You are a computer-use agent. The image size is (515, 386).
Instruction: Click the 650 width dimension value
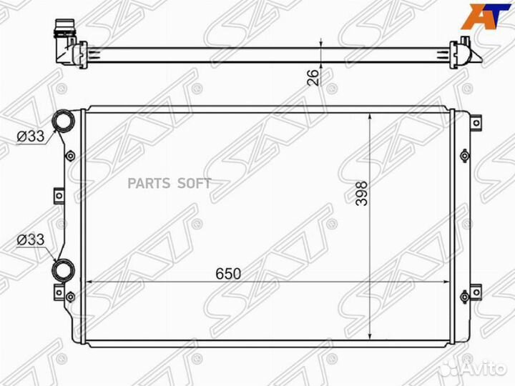click(228, 273)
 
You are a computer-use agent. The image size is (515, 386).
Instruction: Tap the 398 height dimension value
click(362, 193)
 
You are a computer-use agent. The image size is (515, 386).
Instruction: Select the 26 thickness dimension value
click(313, 77)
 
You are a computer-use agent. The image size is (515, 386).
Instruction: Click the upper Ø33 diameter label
click(31, 137)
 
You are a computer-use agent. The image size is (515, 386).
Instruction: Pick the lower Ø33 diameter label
click(31, 240)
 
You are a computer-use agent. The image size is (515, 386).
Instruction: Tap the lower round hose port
click(64, 270)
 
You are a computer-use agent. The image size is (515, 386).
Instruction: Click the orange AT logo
click(486, 16)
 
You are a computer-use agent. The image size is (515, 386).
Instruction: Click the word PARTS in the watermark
click(149, 184)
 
